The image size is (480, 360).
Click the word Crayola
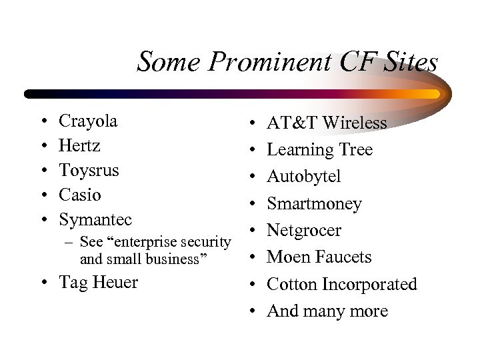(88, 121)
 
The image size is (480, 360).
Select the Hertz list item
(79, 146)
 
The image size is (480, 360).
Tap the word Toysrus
(89, 171)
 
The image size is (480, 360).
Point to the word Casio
(80, 195)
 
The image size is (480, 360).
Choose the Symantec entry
(95, 220)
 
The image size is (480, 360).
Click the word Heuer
(115, 283)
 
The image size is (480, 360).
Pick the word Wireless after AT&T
(355, 123)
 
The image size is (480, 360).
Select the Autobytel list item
(303, 177)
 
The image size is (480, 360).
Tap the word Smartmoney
(314, 204)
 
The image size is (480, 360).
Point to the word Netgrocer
(303, 231)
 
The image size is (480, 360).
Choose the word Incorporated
(369, 285)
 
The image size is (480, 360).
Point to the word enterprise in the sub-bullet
(145, 242)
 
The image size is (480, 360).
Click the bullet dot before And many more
(255, 312)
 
